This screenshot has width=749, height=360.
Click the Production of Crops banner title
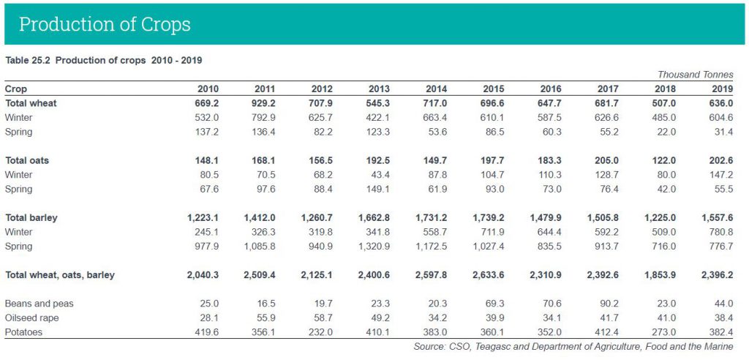pos(105,24)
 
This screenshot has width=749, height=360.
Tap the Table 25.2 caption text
pos(103,60)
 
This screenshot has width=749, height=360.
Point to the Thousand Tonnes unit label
pos(695,75)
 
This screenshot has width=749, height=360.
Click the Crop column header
pos(16,89)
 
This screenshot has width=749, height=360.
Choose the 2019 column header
pos(723,89)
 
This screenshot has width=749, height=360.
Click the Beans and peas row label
pos(39,304)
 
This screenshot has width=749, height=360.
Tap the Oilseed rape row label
pos(32,318)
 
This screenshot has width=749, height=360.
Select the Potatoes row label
pos(23,332)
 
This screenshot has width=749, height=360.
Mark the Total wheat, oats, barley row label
pos(60,275)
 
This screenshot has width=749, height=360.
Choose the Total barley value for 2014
pos(431,218)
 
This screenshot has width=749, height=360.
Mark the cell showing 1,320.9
pos(374,247)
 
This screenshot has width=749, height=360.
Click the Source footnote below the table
pos(573,346)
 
